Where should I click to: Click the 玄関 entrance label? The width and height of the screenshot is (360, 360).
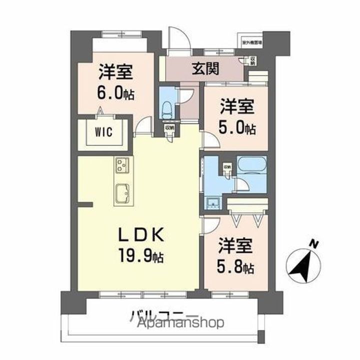point(205,68)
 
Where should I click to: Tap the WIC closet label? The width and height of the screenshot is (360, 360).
point(104,132)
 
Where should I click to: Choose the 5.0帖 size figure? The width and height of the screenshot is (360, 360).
point(237,127)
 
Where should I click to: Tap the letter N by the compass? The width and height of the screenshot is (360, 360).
point(314,244)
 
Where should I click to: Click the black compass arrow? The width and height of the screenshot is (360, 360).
point(303,267)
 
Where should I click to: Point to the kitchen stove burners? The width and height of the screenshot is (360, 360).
point(122,165)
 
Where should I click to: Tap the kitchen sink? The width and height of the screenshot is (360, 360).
point(122,192)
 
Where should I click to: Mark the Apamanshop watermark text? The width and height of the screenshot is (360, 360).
point(180,323)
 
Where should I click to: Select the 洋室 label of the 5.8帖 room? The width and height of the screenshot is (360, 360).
point(235,246)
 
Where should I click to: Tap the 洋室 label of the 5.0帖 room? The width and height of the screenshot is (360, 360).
point(237,107)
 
